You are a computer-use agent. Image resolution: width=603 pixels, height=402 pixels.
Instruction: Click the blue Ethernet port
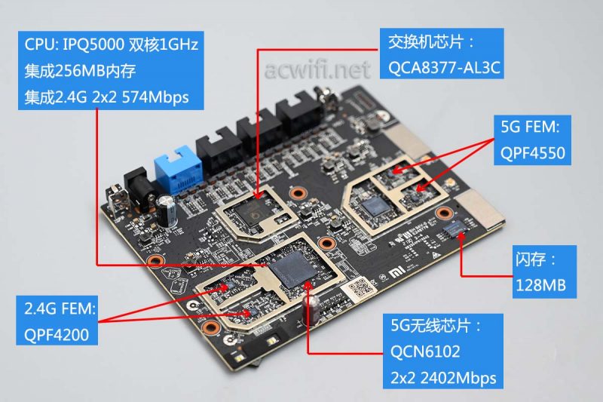tap(178, 169)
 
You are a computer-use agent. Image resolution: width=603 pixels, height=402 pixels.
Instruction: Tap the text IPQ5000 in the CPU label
tap(93, 44)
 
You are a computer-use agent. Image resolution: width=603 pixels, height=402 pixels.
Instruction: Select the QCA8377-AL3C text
tap(444, 68)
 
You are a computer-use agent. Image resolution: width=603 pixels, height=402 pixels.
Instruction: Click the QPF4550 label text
tap(533, 152)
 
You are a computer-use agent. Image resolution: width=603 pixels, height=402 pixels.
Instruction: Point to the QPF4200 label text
tap(57, 335)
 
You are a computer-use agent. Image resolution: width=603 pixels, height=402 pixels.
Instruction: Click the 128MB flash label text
tap(540, 285)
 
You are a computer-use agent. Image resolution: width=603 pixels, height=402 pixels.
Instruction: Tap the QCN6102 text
tap(425, 351)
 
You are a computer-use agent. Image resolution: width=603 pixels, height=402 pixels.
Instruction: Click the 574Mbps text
tap(155, 97)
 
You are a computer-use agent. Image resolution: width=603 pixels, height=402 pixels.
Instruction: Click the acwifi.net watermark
tap(317, 69)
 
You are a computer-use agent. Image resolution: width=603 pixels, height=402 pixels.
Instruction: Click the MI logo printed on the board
tap(395, 273)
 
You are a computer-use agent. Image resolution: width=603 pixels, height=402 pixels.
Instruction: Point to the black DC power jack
tap(138, 190)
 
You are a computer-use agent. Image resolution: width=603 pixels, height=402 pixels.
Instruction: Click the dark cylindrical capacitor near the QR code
tap(311, 309)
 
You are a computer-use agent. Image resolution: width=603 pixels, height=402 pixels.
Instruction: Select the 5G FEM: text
tap(530, 127)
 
